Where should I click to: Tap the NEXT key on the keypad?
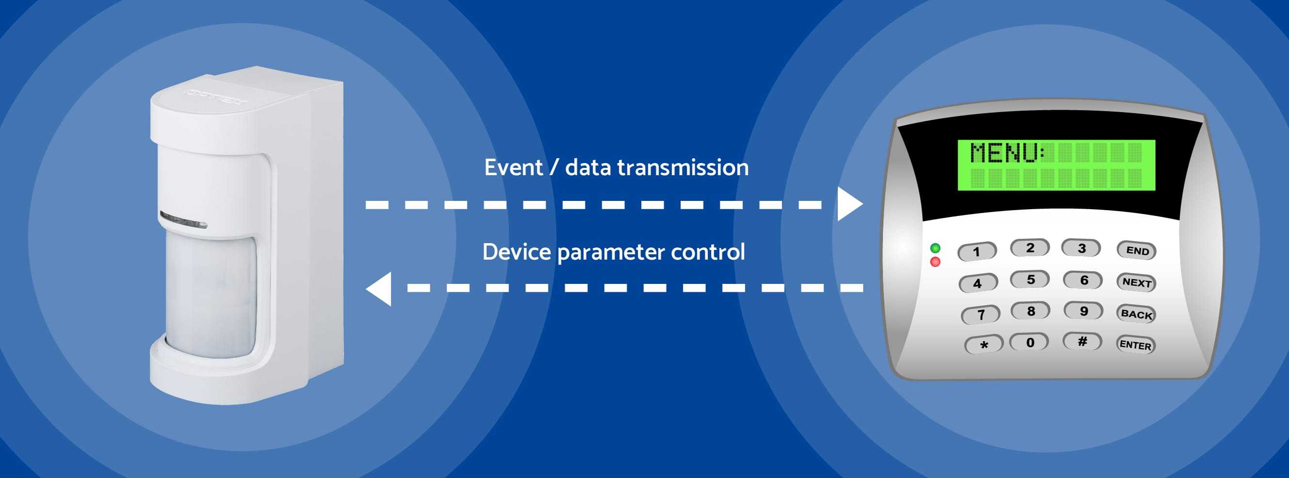click(1136, 282)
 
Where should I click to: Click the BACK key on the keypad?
click(1136, 314)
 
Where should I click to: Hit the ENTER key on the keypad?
click(1135, 345)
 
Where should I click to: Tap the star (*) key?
click(984, 345)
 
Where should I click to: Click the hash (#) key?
click(1082, 341)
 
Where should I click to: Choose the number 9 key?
click(1083, 311)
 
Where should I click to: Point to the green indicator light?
click(935, 248)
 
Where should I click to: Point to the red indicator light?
click(935, 262)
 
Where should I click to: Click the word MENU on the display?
click(1004, 153)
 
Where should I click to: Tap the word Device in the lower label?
click(516, 252)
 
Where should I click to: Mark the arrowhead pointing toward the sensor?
click(379, 288)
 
